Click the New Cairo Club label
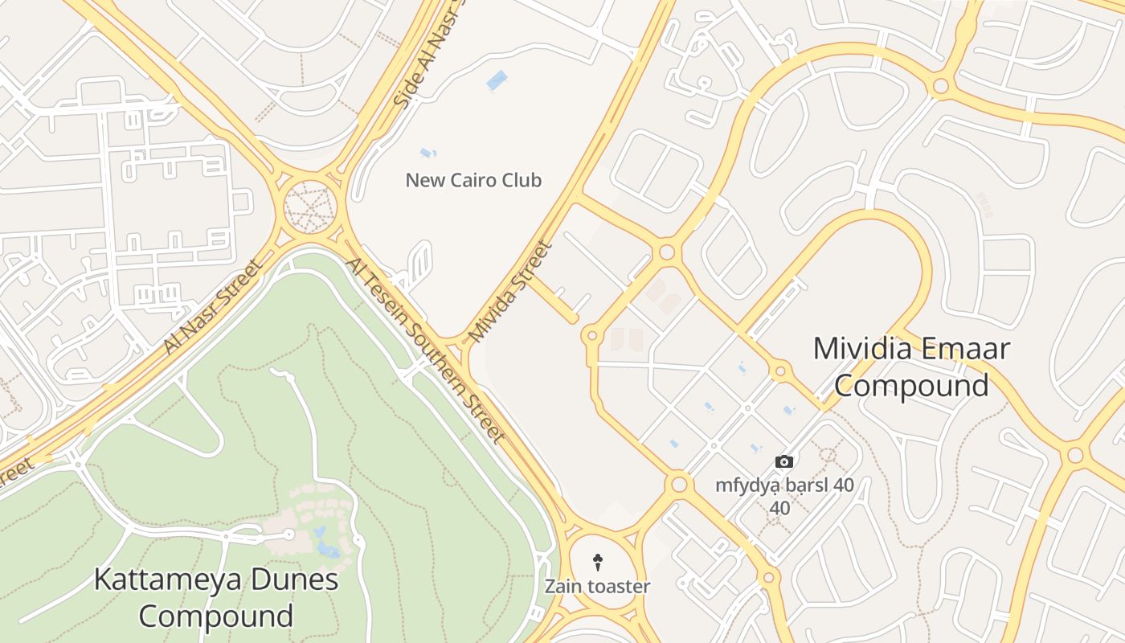pyautogui.click(x=473, y=180)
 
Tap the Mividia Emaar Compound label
pyautogui.click(x=911, y=367)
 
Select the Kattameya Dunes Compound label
pyautogui.click(x=216, y=597)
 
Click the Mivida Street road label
pyautogui.click(x=511, y=291)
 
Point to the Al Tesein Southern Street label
pyautogui.click(x=425, y=351)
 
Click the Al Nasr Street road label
pyautogui.click(x=213, y=306)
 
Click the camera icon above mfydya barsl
pyautogui.click(x=784, y=461)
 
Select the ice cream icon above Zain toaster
pyautogui.click(x=597, y=562)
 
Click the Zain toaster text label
pyautogui.click(x=597, y=587)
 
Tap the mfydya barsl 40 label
pyautogui.click(x=784, y=486)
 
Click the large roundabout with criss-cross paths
pyautogui.click(x=309, y=207)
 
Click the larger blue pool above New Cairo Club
pyautogui.click(x=497, y=80)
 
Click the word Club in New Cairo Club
pyautogui.click(x=522, y=180)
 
